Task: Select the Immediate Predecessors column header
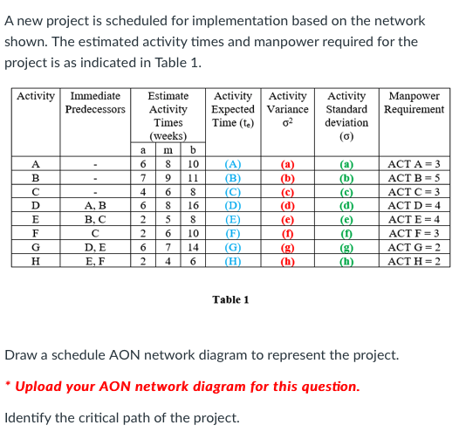[95, 102]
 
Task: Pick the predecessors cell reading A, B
[95, 205]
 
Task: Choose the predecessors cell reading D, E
[95, 246]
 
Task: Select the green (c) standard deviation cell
[346, 191]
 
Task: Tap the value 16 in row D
[194, 205]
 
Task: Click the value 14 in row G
[194, 246]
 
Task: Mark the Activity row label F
[35, 232]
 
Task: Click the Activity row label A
[35, 163]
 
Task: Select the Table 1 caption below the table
[230, 299]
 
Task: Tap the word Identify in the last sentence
[31, 417]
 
